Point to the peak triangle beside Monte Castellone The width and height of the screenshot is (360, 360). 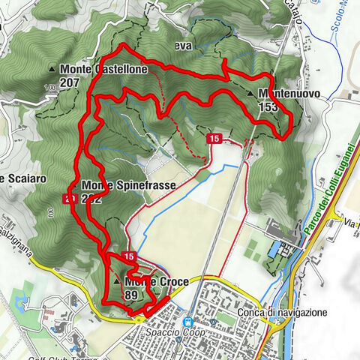[x=52, y=70]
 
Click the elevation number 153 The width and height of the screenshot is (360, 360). [x=267, y=106]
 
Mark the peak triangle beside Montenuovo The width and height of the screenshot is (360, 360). [x=250, y=94]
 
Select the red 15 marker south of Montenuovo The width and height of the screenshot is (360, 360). [x=214, y=139]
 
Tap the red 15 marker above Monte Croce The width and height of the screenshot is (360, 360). [x=130, y=256]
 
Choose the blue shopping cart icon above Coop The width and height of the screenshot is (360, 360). [x=189, y=319]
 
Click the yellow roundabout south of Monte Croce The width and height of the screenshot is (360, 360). [x=139, y=316]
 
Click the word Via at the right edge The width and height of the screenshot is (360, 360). [x=349, y=223]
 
